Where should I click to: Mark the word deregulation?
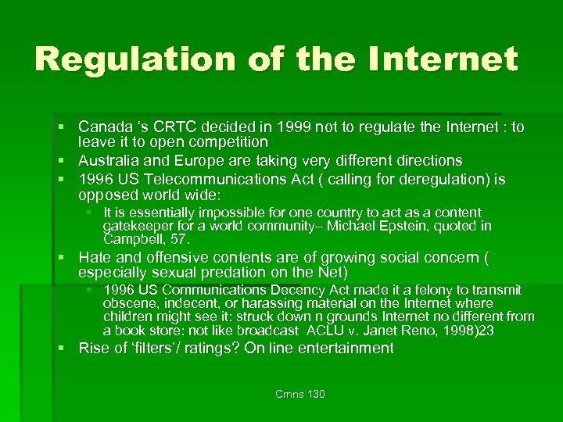[x=425, y=180]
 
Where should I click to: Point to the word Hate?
[x=93, y=257]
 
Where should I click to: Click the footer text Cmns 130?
[x=300, y=394]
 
